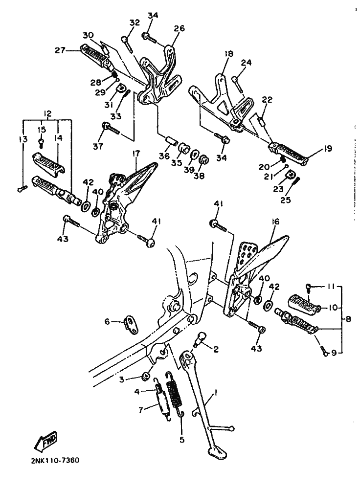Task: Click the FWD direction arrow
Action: pos(46,441)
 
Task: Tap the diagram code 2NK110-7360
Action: pos(55,461)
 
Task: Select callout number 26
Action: pos(180,28)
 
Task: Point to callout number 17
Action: pos(136,154)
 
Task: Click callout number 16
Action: pos(275,222)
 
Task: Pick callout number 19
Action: pos(328,149)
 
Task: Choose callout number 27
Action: pos(60,50)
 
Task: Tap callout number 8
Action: pos(348,319)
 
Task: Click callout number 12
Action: pos(47,114)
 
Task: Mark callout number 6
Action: pos(107,321)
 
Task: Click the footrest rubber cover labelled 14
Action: pos(48,162)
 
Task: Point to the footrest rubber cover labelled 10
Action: pos(303,302)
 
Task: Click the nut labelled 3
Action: pos(145,377)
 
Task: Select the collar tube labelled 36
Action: pos(172,140)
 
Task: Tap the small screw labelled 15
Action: pos(41,143)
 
